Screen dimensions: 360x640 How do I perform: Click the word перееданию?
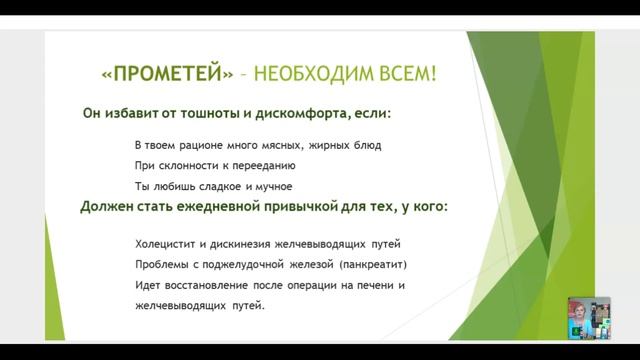pos(257,166)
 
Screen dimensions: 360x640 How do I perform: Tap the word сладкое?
pos(214,186)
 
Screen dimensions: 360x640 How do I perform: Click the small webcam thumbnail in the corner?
pos(589,318)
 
